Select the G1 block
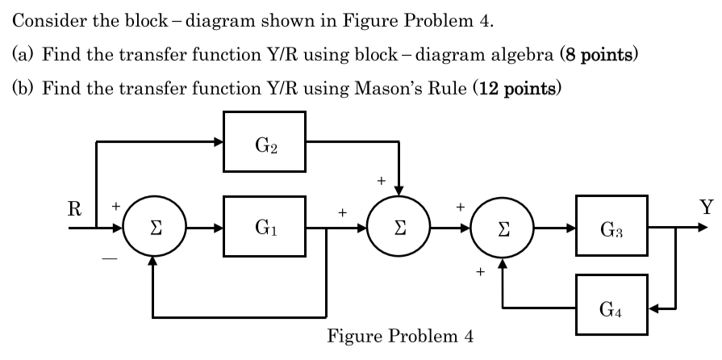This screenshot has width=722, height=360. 269,228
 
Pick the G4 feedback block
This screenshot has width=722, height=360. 611,308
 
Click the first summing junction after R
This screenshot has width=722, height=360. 153,228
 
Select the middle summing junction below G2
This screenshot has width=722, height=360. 399,228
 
